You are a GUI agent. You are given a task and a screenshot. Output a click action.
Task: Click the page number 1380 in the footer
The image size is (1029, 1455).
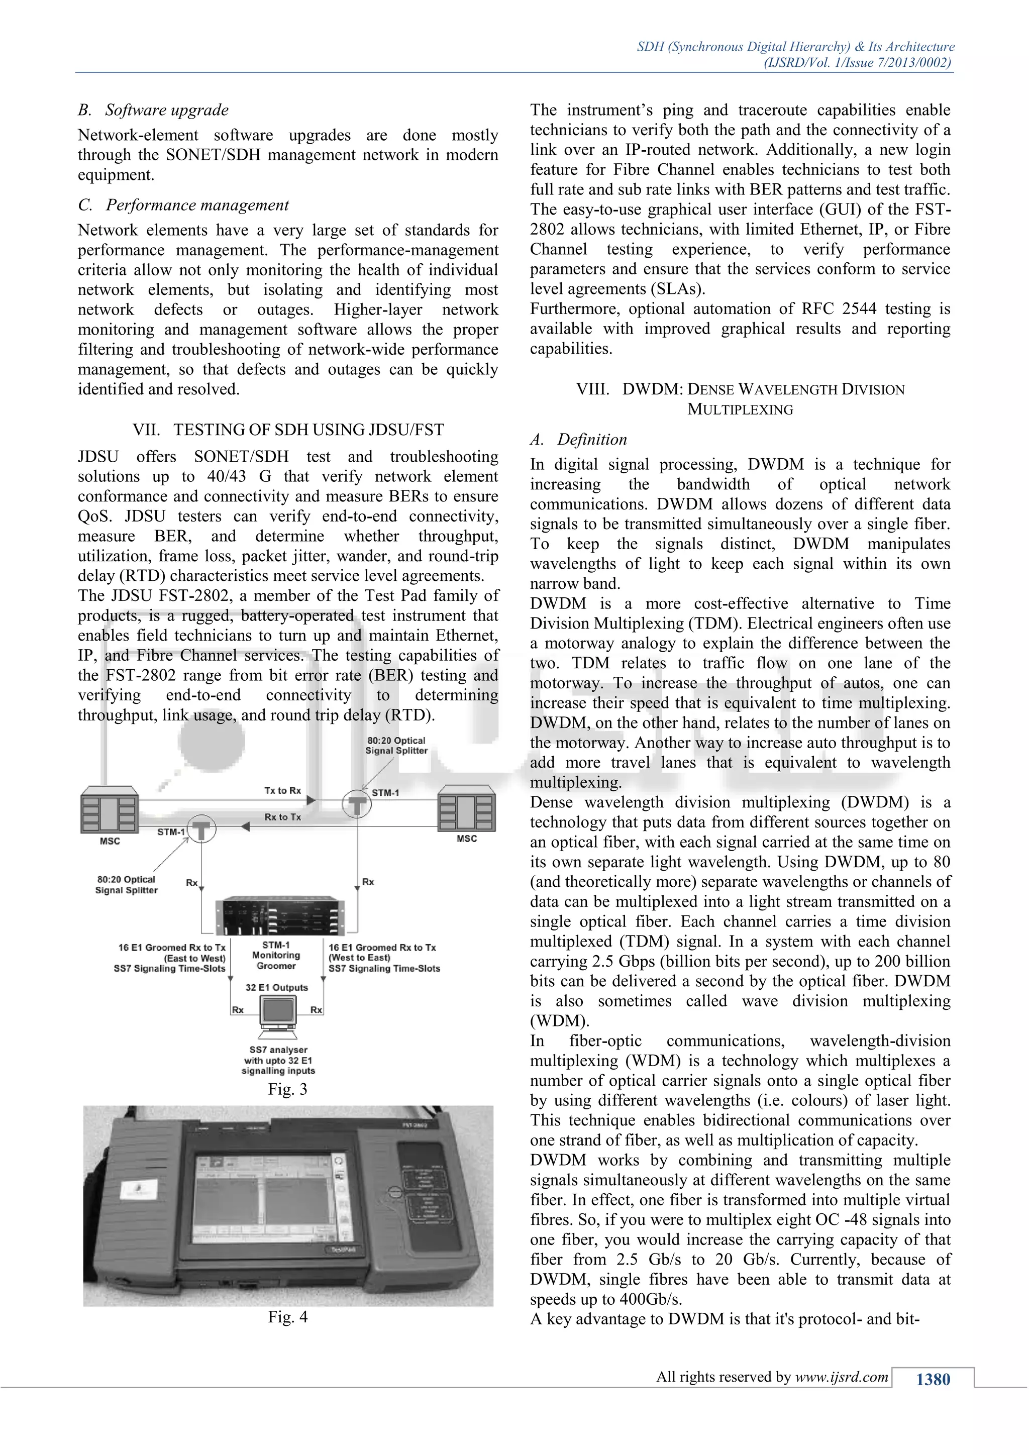coord(933,1380)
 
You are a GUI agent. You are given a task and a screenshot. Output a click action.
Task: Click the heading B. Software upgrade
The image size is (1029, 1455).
coord(153,110)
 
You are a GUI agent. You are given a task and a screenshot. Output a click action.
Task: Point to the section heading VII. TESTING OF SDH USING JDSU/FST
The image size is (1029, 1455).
coord(288,430)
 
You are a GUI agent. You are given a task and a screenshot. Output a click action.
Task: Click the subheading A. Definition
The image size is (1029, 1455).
coord(578,439)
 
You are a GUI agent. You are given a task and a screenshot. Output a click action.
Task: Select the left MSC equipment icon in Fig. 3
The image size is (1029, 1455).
coord(110,810)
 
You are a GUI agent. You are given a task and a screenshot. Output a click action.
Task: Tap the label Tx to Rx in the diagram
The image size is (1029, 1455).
coord(282,790)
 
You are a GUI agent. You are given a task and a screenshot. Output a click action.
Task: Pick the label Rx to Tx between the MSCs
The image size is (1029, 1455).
coord(282,817)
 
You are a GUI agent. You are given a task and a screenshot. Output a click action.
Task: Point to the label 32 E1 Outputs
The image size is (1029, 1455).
coord(277,987)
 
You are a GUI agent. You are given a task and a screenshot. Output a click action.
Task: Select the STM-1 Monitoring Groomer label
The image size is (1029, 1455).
coord(276,955)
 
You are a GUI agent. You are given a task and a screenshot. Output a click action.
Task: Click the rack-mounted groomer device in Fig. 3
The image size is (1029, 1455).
coord(279,916)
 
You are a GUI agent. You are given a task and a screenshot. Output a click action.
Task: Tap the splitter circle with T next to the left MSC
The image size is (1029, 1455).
coord(201,829)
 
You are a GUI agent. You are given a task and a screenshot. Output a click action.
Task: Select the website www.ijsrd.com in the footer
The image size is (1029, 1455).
coord(842,1377)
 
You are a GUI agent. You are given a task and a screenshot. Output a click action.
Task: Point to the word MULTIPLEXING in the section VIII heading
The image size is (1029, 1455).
coord(740,409)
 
